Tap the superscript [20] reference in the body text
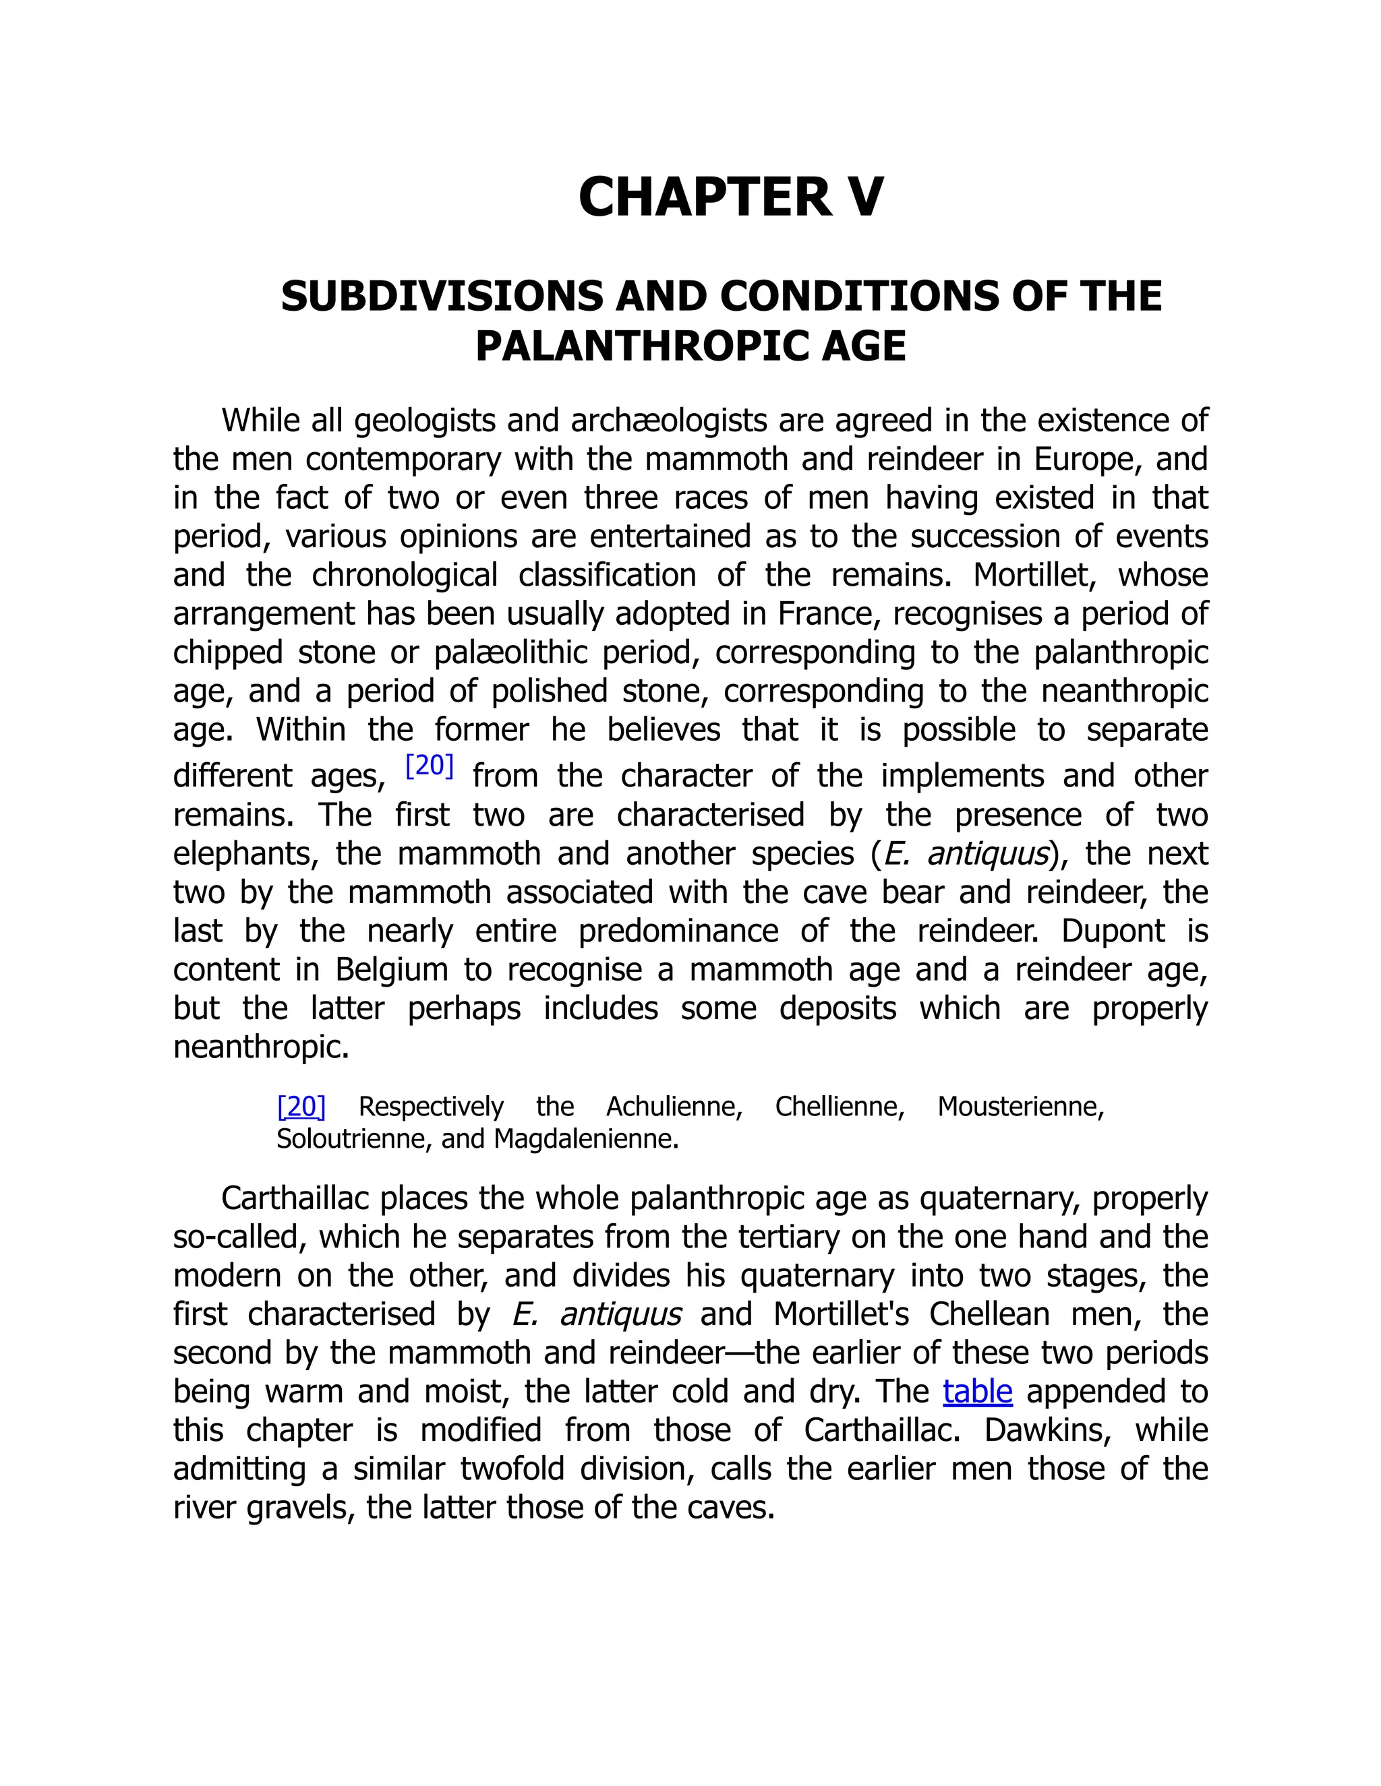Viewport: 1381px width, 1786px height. [430, 766]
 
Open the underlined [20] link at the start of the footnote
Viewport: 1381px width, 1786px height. [301, 1107]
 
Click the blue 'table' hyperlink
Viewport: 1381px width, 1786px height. [977, 1391]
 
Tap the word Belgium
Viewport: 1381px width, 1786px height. [391, 970]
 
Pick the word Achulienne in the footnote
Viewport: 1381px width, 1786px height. [674, 1107]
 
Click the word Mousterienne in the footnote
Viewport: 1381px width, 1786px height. [1020, 1107]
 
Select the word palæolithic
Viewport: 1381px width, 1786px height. [510, 652]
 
